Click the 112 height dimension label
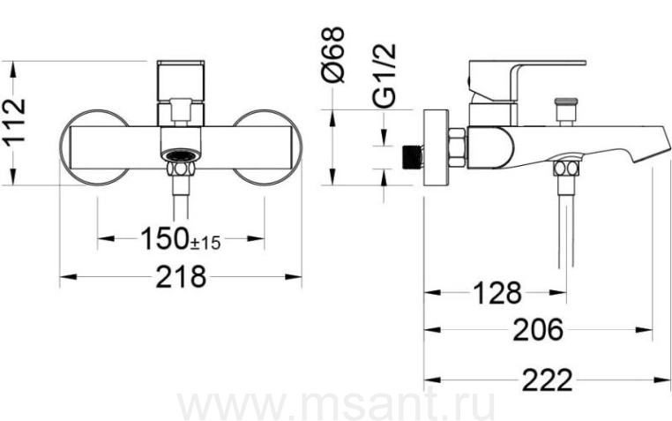click(x=15, y=123)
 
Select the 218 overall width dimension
click(x=181, y=277)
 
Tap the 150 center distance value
click(x=165, y=238)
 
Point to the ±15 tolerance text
click(x=205, y=244)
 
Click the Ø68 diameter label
click(x=332, y=55)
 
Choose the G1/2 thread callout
click(x=384, y=75)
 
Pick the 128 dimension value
click(x=497, y=294)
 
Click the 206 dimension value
click(x=538, y=330)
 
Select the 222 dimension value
click(x=548, y=380)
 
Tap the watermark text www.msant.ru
click(x=337, y=406)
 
